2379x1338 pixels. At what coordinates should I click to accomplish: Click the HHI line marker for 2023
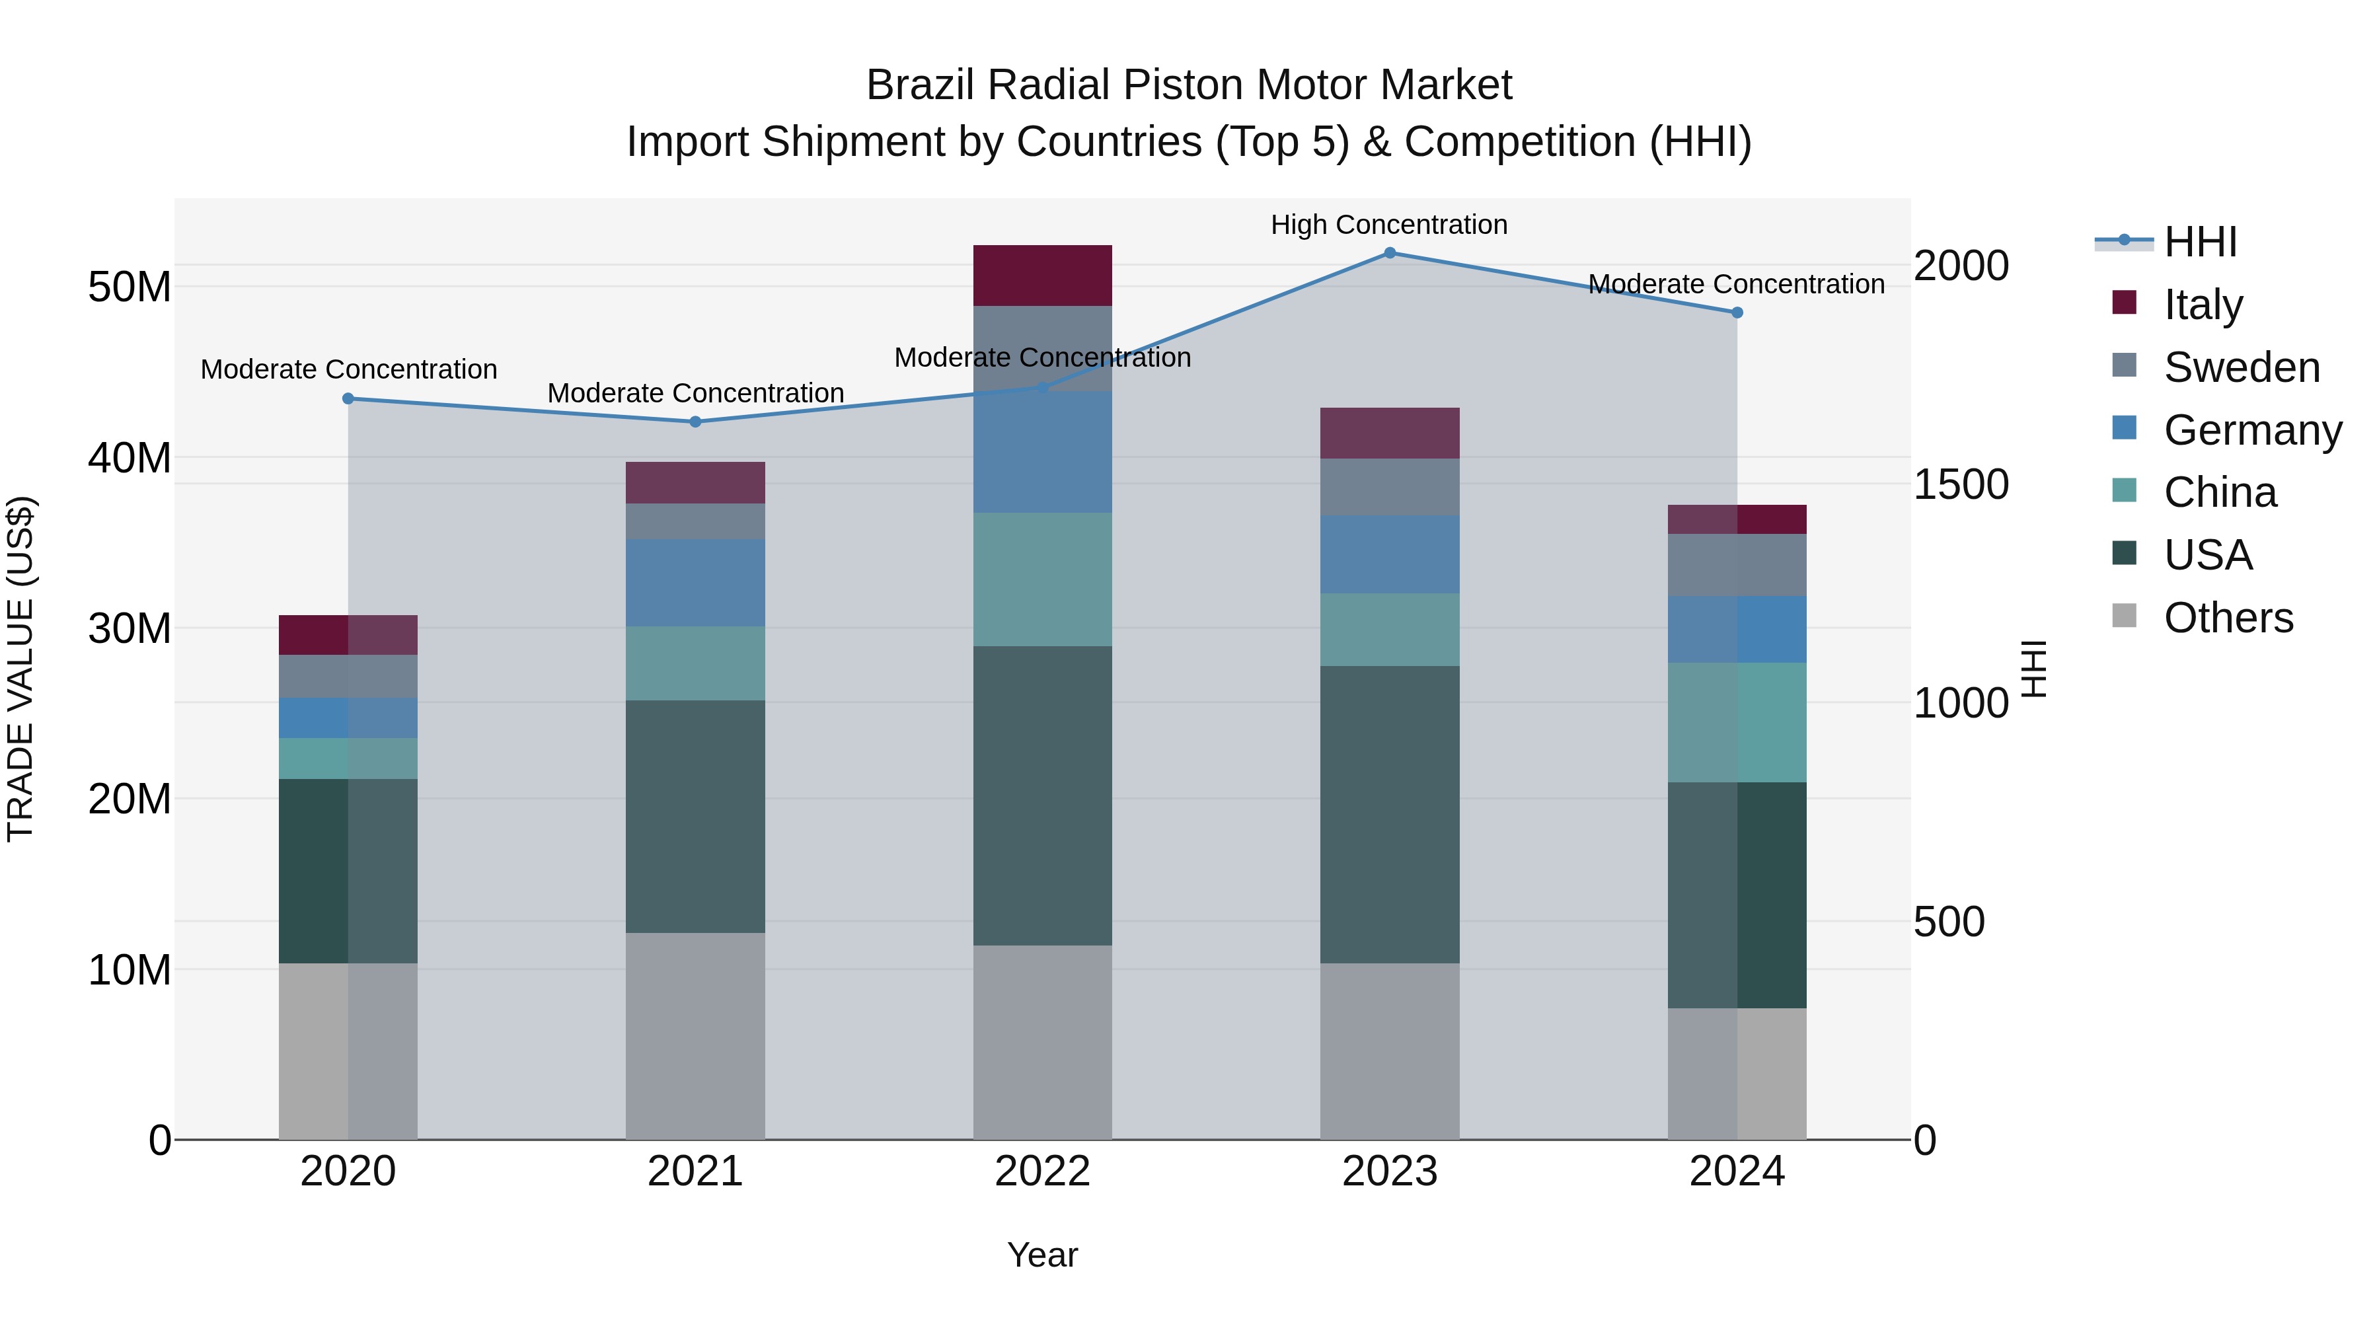[1389, 253]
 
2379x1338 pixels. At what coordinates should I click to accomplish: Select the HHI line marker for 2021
[695, 422]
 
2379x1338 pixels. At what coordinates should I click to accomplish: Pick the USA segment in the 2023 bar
[1389, 815]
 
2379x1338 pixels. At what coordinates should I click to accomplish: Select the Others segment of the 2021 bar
[695, 1036]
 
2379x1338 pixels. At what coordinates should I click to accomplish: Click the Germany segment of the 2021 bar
[695, 583]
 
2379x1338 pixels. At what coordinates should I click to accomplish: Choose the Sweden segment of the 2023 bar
[1389, 486]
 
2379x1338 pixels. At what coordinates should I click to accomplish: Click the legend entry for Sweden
[2242, 367]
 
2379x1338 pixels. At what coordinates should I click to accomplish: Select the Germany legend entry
[2251, 430]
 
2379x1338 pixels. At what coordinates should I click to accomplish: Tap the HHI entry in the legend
[2200, 242]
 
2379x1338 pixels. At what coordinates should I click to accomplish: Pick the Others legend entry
[2228, 618]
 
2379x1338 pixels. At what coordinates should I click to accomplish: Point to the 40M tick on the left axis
[130, 458]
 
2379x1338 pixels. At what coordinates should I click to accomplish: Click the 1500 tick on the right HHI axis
[1961, 485]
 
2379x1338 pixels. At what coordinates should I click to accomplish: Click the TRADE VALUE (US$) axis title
[20, 669]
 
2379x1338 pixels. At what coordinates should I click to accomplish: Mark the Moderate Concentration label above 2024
[1735, 284]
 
